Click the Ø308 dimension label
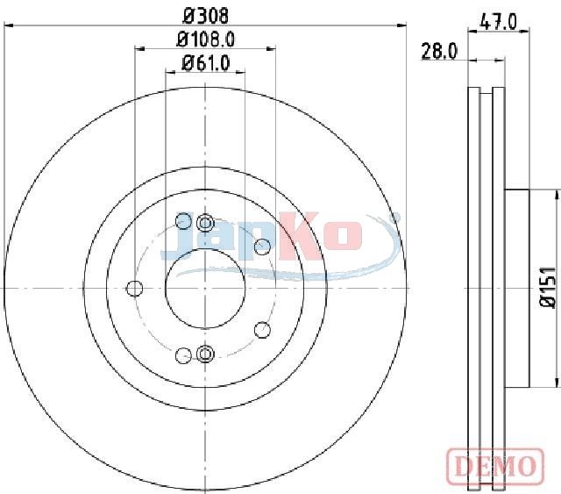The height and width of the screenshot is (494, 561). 205,16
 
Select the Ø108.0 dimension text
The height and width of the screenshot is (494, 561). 205,39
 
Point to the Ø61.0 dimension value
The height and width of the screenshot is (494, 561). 205,63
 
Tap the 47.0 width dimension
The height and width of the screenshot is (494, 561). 499,22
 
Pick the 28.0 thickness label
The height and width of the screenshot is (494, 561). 439,51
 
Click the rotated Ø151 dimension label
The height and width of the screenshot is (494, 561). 548,287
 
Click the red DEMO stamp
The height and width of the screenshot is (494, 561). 496,465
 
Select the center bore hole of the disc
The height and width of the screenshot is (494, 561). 205,288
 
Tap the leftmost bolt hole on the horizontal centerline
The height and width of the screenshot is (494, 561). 135,288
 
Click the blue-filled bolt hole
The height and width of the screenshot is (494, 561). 183,220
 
